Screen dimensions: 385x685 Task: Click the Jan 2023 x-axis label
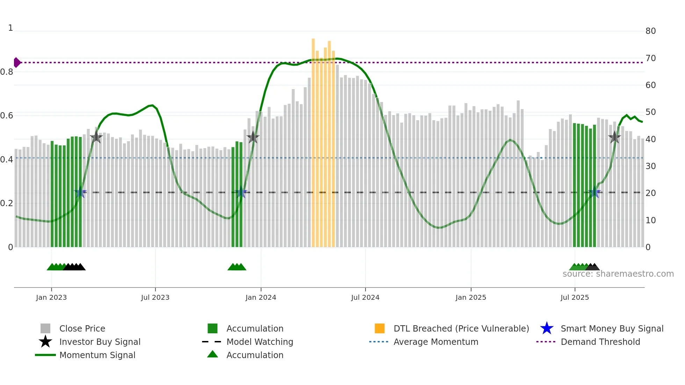[x=51, y=297]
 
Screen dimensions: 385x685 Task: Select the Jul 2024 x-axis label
[x=365, y=297]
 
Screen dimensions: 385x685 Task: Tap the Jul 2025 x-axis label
[x=575, y=297]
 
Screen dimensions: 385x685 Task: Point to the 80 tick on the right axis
[x=650, y=31]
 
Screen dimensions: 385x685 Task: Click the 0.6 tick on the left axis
[x=7, y=116]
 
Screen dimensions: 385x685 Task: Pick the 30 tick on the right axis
[x=650, y=166]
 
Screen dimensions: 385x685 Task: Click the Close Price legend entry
[x=82, y=328]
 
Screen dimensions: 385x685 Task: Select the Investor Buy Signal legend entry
[x=100, y=342]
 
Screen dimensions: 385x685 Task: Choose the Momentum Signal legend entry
[x=97, y=355]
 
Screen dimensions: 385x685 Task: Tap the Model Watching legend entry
[x=260, y=342]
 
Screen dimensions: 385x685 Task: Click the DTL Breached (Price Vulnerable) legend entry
[x=461, y=328]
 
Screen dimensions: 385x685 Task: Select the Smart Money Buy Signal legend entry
[x=612, y=328]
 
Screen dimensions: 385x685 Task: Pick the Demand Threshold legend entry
[x=600, y=342]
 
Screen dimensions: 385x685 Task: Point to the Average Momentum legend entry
[x=436, y=342]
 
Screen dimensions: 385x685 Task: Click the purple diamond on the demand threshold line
[x=17, y=63]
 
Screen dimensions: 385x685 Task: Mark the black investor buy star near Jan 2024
[x=253, y=137]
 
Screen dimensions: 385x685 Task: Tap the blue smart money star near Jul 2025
[x=594, y=192]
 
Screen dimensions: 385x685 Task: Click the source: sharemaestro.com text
[x=618, y=274]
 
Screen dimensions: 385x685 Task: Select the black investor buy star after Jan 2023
[x=96, y=137]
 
